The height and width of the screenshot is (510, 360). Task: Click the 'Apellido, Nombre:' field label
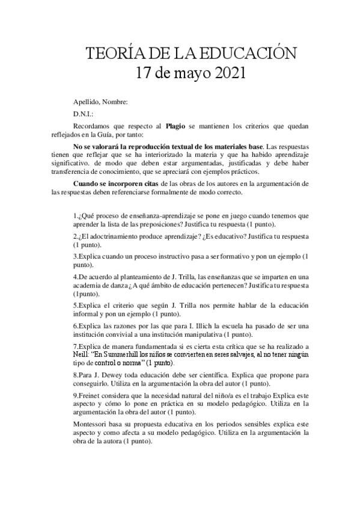(100, 102)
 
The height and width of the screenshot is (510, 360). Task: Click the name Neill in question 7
(82, 355)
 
